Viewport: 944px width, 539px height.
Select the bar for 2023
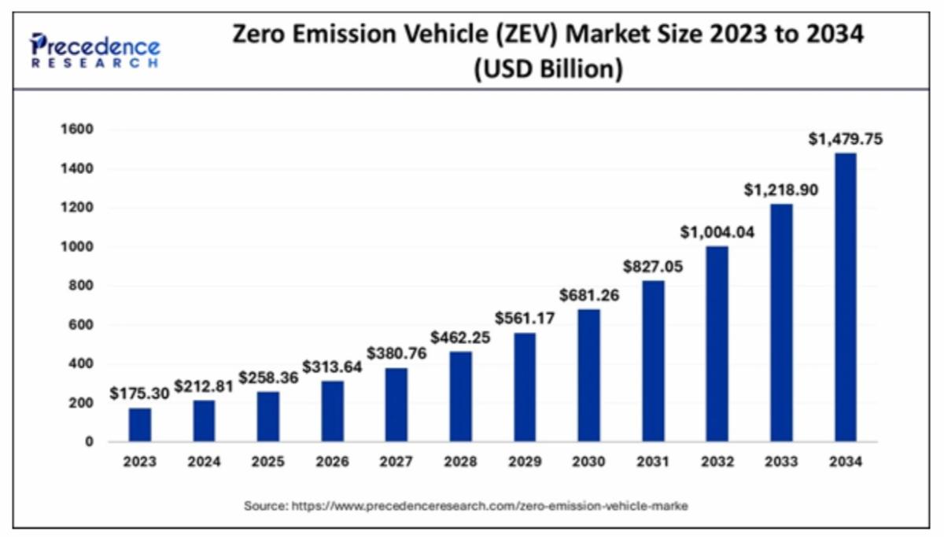[x=140, y=424]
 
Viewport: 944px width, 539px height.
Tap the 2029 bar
[x=525, y=386]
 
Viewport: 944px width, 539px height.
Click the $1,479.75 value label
[x=846, y=139]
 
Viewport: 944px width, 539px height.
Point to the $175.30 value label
[x=139, y=393]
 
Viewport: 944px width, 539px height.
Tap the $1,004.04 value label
[x=717, y=232]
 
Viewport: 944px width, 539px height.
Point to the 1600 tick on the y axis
[x=76, y=129]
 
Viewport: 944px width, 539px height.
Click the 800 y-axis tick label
[x=81, y=286]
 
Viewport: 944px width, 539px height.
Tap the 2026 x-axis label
[x=333, y=463]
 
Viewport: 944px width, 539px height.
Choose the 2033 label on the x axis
[x=781, y=463]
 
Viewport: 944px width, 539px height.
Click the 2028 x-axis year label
[x=461, y=463]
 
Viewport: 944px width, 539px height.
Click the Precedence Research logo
[x=94, y=49]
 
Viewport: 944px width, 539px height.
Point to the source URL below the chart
[x=466, y=507]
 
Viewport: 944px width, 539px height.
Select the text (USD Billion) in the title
[x=548, y=69]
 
